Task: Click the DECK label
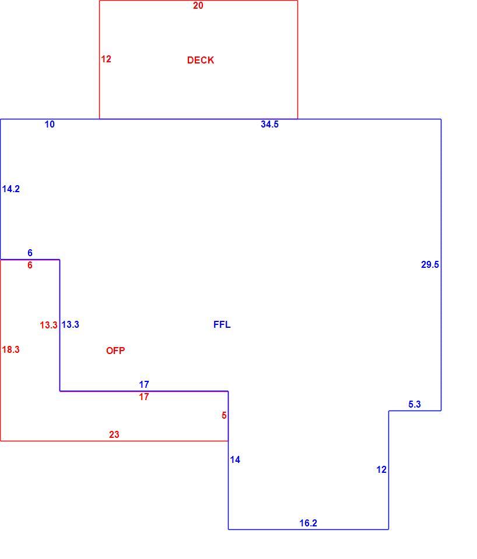click(x=200, y=60)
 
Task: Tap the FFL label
click(x=222, y=324)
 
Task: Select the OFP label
click(x=115, y=351)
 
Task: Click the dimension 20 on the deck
click(x=198, y=5)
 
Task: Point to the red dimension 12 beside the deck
click(x=106, y=59)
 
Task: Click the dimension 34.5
click(x=269, y=124)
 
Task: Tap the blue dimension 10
click(x=50, y=124)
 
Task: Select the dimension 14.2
click(x=10, y=189)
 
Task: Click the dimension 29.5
click(x=430, y=264)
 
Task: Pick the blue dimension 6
click(x=30, y=253)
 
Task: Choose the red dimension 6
click(x=30, y=265)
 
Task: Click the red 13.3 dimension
click(x=48, y=325)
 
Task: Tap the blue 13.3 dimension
click(x=71, y=324)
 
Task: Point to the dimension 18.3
click(x=10, y=350)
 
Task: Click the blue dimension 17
click(x=144, y=384)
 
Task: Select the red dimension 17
click(x=144, y=397)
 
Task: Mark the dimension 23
click(x=114, y=434)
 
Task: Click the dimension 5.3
click(x=415, y=404)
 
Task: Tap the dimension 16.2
click(x=308, y=523)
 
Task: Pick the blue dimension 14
click(x=235, y=460)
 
